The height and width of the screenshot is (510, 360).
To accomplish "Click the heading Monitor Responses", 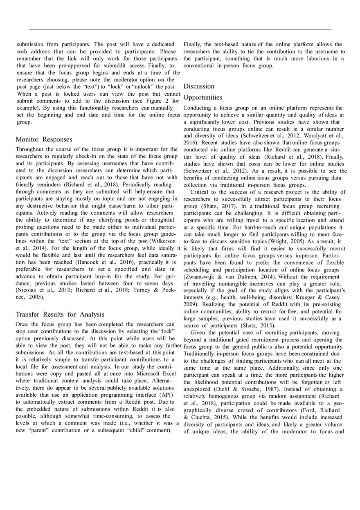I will click(x=44, y=139).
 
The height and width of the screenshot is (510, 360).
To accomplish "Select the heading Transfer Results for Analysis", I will click(x=60, y=315).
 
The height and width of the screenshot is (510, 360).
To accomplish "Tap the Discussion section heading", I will click(x=199, y=86).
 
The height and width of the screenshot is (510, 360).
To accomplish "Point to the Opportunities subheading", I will click(x=203, y=97).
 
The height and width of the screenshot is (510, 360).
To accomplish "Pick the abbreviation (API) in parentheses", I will click(x=164, y=395).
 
